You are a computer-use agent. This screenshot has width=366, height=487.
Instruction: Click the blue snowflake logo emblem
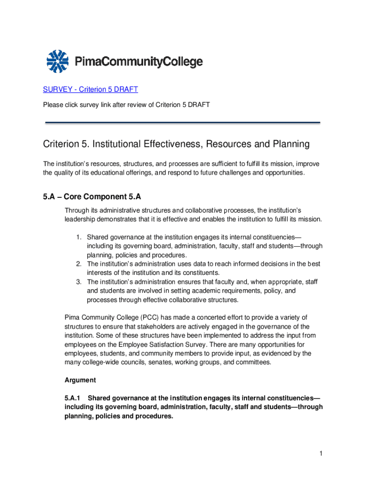[x=58, y=61]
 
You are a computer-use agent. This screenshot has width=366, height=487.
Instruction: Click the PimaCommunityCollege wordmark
[x=139, y=62]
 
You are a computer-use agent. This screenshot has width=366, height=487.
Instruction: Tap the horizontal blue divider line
[x=183, y=123]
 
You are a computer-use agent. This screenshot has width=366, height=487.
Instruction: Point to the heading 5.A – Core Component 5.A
[x=92, y=197]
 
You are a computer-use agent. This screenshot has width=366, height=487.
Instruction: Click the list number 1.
[x=79, y=237]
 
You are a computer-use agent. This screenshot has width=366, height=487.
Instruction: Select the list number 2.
[x=79, y=263]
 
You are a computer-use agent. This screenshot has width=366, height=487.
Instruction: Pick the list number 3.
[x=79, y=282]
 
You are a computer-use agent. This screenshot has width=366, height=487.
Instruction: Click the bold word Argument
[x=80, y=380]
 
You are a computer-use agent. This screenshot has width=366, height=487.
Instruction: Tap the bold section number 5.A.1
[x=74, y=398]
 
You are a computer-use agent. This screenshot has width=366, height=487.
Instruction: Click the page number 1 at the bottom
[x=321, y=454]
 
